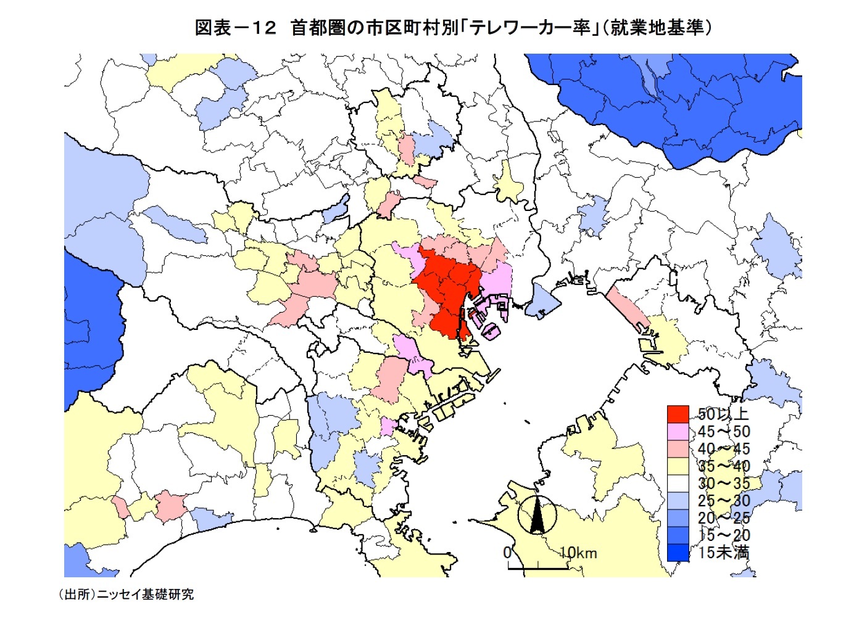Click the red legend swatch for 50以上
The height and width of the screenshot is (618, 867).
tap(678, 414)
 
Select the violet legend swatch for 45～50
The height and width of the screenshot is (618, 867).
tap(678, 431)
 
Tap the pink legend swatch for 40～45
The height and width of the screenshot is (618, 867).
tap(678, 448)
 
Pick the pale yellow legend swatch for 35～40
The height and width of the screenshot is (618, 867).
tap(678, 466)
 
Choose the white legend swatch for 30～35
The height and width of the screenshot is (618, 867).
tap(678, 483)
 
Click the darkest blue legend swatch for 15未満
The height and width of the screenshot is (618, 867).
tap(678, 552)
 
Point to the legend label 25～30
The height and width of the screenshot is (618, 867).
tap(724, 500)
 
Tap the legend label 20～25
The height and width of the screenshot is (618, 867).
tap(724, 517)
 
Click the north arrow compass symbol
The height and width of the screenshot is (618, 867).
tap(537, 515)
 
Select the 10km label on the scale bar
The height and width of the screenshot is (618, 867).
tap(578, 553)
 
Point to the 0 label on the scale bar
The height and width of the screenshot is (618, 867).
tap(507, 552)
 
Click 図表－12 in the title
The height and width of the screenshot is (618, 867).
tap(235, 28)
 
